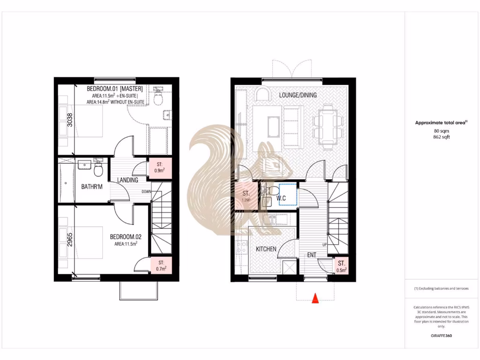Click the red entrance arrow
pyautogui.click(x=315, y=298)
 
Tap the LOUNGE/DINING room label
pyautogui.click(x=298, y=95)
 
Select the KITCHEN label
pyautogui.click(x=266, y=249)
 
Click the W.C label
pyautogui.click(x=281, y=198)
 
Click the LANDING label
pyautogui.click(x=127, y=180)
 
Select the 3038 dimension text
pyautogui.click(x=70, y=121)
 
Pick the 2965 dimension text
pyautogui.click(x=70, y=240)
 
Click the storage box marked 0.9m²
pyautogui.click(x=160, y=168)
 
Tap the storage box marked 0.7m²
pyautogui.click(x=161, y=266)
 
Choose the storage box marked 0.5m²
pyautogui.click(x=341, y=266)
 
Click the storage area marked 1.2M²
pyautogui.click(x=246, y=196)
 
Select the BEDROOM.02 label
pyautogui.click(x=125, y=237)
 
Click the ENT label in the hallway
pyautogui.click(x=311, y=255)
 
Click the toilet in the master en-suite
pyautogui.click(x=158, y=98)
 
